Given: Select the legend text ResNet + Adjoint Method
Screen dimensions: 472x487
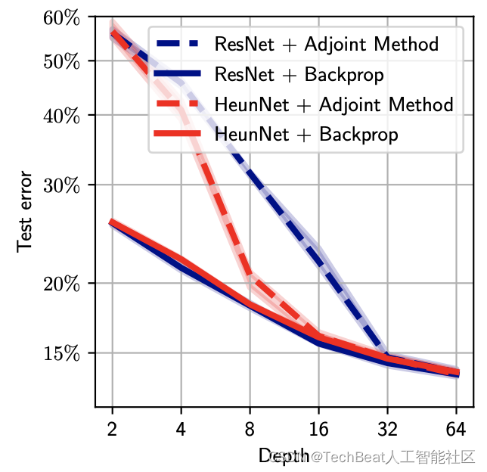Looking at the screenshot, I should coord(327,44).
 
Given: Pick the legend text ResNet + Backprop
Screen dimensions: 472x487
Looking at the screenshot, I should coord(299,74).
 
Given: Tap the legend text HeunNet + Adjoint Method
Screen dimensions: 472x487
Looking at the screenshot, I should coord(333,104).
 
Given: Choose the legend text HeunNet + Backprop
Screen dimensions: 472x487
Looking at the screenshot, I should coord(306,135).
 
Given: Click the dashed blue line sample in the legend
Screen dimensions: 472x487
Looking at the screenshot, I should coord(180,43).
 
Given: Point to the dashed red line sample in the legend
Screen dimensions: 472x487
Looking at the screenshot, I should coord(180,104).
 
